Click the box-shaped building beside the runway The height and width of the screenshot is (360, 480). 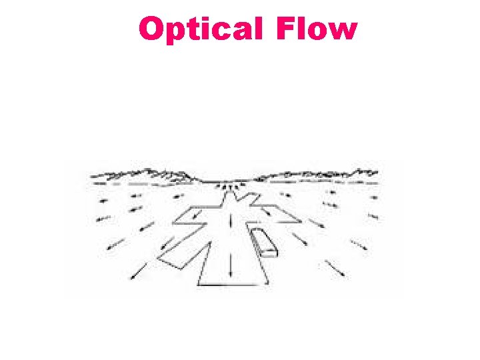point(263,241)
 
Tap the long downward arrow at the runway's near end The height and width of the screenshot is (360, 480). point(231,265)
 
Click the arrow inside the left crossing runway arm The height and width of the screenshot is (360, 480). point(193,215)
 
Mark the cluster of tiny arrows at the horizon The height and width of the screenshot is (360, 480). point(231,186)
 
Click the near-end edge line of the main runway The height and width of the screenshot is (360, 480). point(231,285)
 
